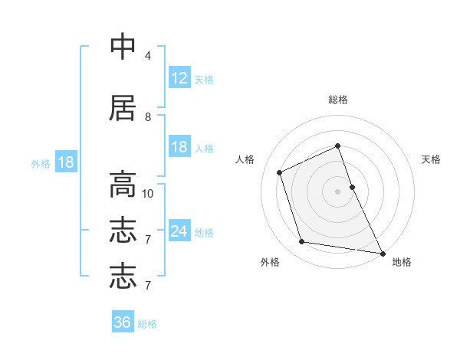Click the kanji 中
[123, 47]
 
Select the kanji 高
[123, 185]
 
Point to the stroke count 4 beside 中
[147, 56]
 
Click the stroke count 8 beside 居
[147, 117]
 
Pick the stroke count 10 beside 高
[148, 193]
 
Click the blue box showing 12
[179, 77]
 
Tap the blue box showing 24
[179, 231]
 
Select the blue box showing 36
[123, 322]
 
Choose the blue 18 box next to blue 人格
[179, 147]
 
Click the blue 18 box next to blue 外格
[65, 162]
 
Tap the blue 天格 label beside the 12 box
[204, 79]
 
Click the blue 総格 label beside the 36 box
[147, 324]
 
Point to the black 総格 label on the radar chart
[338, 100]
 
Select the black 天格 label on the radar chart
[432, 159]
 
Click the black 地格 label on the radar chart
[402, 263]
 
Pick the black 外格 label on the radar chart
[270, 263]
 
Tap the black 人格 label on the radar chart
[245, 159]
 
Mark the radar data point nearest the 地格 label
[381, 253]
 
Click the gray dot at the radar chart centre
[338, 191]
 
